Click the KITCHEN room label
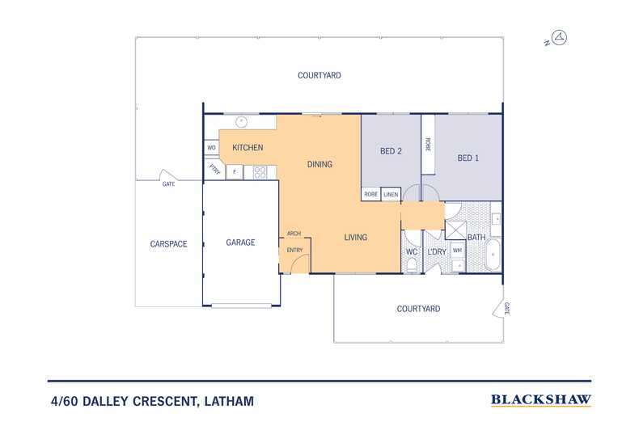coord(248,148)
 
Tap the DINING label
coord(319,164)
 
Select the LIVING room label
coord(355,238)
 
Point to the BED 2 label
coord(391,151)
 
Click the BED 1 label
coord(468,158)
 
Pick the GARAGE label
coord(240,243)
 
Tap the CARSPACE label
coord(168,244)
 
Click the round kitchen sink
coord(240,122)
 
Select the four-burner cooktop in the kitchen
coord(260,171)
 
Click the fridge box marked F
coord(235,172)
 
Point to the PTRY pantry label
coord(214,170)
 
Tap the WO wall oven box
coord(211,148)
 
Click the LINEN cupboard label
coord(391,195)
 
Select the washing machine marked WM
coord(457,251)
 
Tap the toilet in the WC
coord(412,265)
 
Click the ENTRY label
coord(294,251)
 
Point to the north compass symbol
coord(561,37)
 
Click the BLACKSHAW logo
coord(540,399)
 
